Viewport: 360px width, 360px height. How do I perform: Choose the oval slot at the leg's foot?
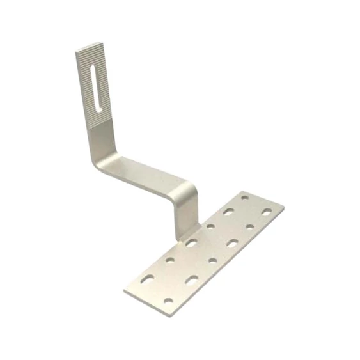[x=192, y=242]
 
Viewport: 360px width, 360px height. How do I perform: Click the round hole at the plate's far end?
[x=244, y=199]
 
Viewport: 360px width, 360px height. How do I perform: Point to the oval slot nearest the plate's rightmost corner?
[x=266, y=211]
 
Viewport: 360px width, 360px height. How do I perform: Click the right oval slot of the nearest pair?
[x=191, y=279]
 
